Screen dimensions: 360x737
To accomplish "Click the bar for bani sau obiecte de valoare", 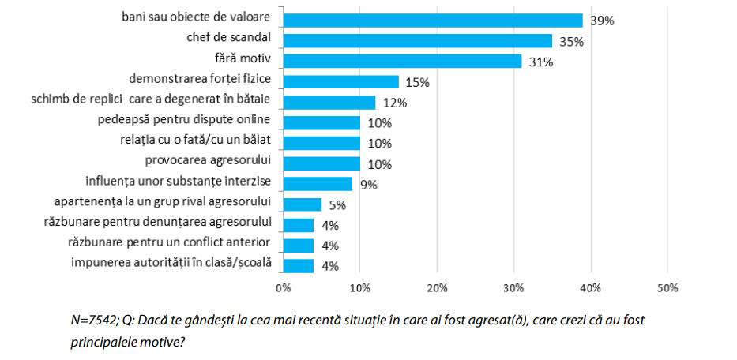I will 433,20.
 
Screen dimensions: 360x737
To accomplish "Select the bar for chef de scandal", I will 417,40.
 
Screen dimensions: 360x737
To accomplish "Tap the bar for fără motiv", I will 402,61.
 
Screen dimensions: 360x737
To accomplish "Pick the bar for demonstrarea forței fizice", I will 340,81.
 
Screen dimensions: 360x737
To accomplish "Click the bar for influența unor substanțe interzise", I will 318,184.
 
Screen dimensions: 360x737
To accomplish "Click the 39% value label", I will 602,21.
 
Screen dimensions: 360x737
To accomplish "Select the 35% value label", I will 571,42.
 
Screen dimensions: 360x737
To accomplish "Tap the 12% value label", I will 394,103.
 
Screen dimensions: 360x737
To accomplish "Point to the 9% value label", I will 367,186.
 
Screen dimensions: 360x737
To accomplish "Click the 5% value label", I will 337,206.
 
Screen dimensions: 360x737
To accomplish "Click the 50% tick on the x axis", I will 667,287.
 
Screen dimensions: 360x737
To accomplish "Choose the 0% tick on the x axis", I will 283,287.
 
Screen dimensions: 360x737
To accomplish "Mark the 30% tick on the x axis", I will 513,287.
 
